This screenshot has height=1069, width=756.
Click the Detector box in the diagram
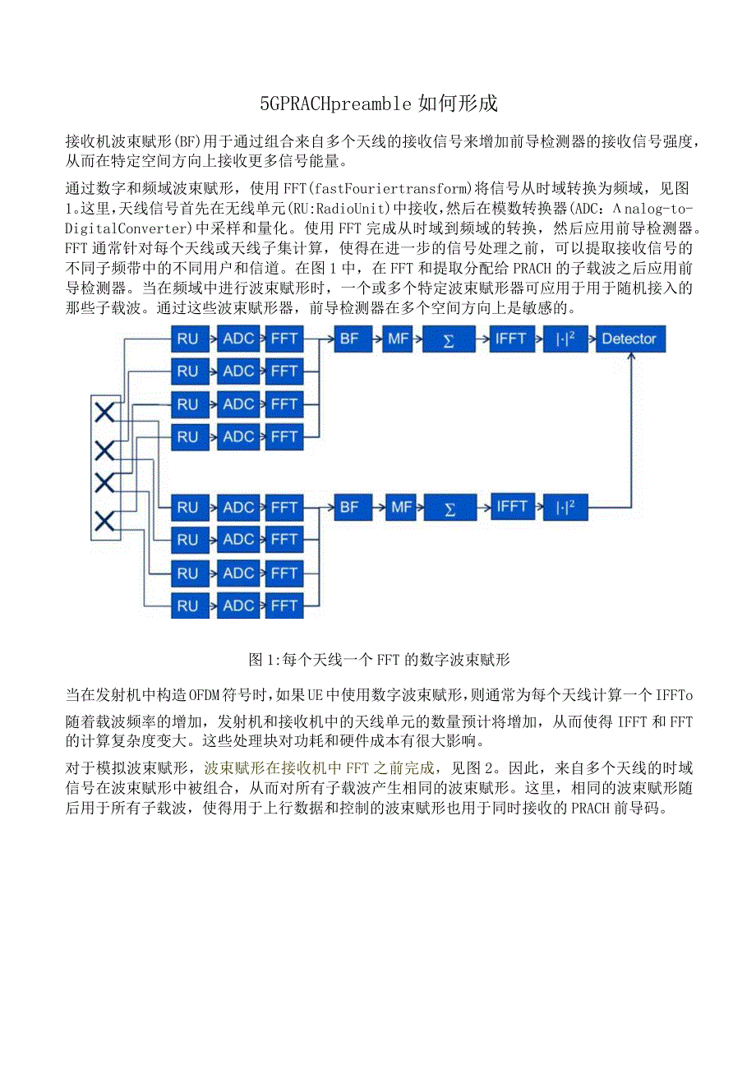[x=629, y=339]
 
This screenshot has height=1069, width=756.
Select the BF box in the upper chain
[x=349, y=339]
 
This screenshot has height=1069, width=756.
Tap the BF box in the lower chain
[x=349, y=508]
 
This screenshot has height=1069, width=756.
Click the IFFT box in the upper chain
[x=510, y=339]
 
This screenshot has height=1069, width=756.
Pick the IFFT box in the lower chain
[x=510, y=508]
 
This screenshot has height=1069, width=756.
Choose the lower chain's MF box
[x=401, y=508]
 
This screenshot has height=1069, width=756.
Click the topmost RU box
[x=187, y=339]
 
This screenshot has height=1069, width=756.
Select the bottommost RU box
[x=187, y=606]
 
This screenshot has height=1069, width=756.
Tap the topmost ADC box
[x=238, y=339]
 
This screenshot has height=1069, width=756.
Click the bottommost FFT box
[x=284, y=606]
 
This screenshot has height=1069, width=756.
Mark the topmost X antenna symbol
[x=104, y=412]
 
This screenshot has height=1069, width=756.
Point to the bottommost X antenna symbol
[x=104, y=520]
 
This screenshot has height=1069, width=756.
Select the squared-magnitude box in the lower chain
[x=565, y=508]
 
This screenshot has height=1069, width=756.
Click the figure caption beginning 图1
[x=379, y=659]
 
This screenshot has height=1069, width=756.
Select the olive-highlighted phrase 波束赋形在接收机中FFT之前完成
[x=319, y=768]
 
